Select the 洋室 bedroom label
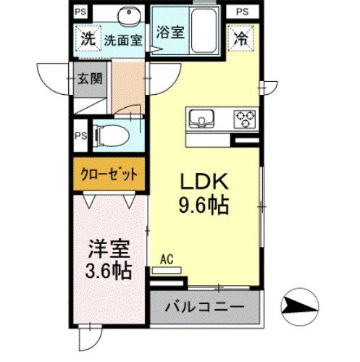tap(110, 251)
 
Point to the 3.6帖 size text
tap(110, 272)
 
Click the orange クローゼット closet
tap(109, 177)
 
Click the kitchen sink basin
tap(201, 118)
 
